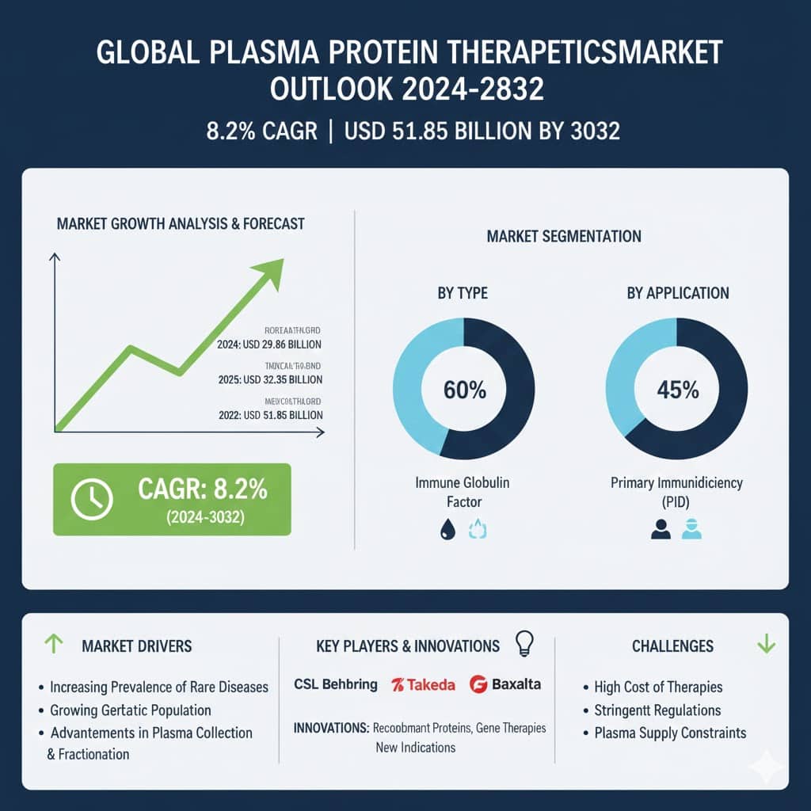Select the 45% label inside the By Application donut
click(677, 390)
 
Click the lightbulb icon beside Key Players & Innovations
click(524, 643)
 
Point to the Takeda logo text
click(423, 684)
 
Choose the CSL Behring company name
click(335, 684)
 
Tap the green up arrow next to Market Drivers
click(52, 645)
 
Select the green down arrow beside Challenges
click(766, 645)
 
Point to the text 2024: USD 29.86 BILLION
click(269, 345)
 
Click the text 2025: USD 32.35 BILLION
click(269, 380)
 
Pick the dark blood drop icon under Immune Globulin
click(444, 529)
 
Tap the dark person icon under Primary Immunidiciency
click(661, 529)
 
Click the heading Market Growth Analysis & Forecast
click(181, 224)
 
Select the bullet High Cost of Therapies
click(658, 687)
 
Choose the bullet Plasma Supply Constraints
click(670, 733)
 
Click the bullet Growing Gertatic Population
click(130, 710)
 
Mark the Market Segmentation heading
click(564, 237)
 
